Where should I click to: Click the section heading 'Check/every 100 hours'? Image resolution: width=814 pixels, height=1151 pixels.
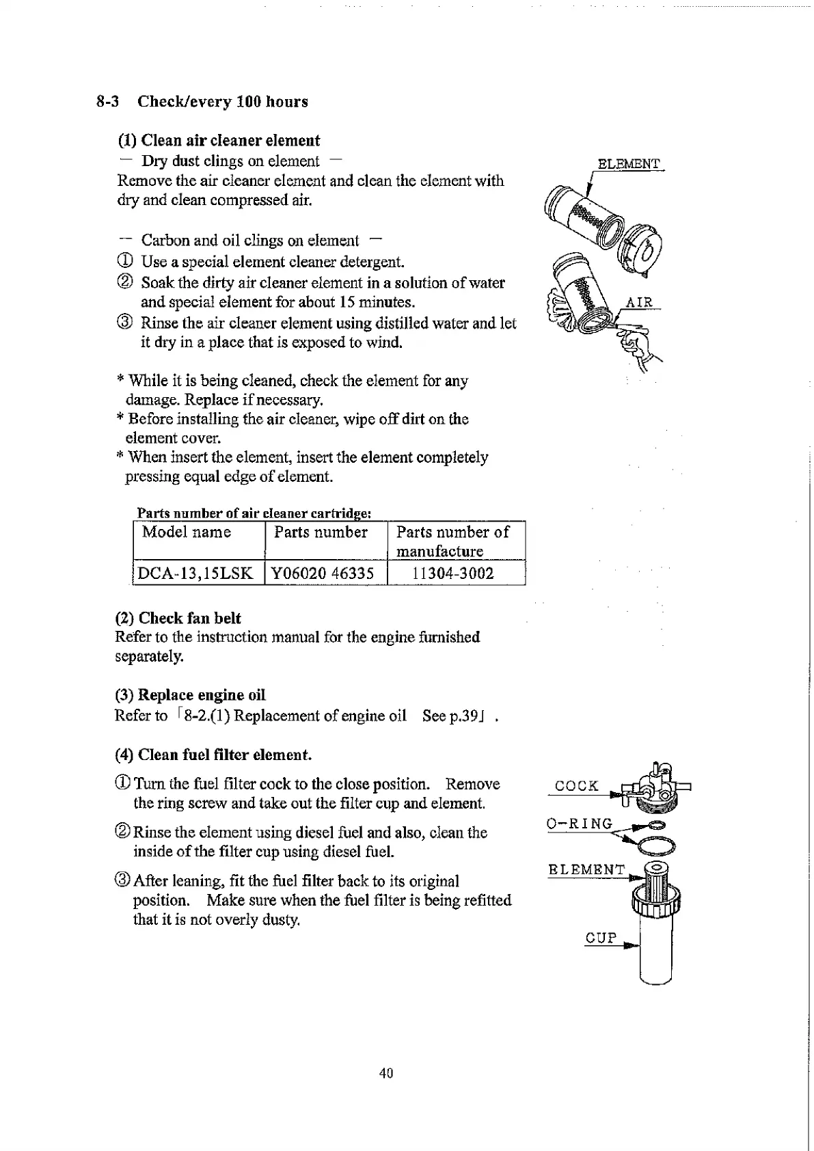pos(222,102)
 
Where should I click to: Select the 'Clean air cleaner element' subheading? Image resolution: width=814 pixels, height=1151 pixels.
pos(230,141)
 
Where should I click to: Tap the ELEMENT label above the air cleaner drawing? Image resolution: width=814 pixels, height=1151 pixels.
pos(629,164)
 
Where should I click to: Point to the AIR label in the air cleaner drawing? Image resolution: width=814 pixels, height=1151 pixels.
pos(639,302)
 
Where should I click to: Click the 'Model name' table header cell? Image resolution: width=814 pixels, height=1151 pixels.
pos(187,532)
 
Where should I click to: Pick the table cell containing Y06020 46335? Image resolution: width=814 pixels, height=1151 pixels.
pos(323,573)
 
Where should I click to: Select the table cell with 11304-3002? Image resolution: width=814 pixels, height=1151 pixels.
pos(452,573)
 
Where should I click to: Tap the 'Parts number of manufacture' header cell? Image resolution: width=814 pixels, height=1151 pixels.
pos(452,541)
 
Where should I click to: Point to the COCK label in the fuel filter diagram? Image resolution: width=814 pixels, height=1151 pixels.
pos(576,786)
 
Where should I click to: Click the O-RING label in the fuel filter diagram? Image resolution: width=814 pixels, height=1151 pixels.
pos(580,824)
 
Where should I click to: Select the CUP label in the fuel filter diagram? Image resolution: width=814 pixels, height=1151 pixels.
pos(601,938)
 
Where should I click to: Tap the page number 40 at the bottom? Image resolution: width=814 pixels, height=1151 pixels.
pos(386,1073)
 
